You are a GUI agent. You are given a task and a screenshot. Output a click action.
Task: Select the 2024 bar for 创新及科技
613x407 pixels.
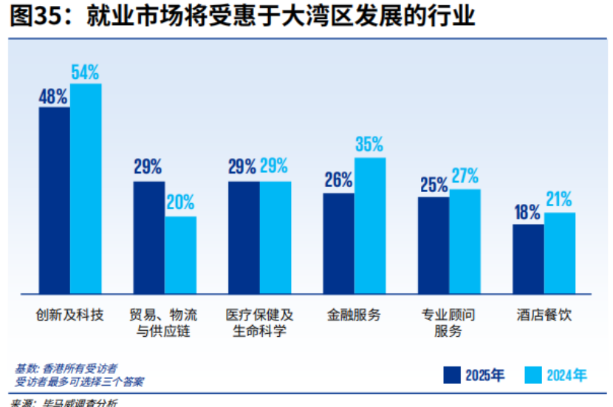point(86,188)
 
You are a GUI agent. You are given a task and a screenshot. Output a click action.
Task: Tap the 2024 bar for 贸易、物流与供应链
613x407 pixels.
point(180,254)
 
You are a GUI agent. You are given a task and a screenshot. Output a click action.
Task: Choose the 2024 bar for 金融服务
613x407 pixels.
point(369,225)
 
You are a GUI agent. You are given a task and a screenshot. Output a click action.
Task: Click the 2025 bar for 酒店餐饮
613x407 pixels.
point(528,258)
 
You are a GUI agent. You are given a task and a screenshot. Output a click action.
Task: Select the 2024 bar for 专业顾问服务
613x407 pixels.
point(465,241)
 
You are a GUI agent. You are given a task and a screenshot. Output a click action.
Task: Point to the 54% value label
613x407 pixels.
point(86,72)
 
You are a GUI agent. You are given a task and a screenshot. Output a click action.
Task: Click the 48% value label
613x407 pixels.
point(54,96)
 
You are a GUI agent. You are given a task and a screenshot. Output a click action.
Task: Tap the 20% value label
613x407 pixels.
point(180,202)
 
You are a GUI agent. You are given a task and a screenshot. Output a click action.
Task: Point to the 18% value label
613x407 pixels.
point(527,213)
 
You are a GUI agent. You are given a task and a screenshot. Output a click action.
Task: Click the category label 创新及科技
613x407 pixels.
point(70,315)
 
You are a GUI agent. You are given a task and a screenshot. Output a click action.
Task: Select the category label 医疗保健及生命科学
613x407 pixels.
point(259,323)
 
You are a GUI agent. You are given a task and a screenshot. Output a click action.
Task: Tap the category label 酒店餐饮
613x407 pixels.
point(544,315)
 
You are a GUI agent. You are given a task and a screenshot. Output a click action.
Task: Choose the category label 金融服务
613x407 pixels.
point(354,315)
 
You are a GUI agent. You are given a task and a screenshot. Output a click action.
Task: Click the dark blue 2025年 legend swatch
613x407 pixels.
point(452,375)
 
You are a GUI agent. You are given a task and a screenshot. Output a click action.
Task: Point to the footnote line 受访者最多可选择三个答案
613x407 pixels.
point(80,382)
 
